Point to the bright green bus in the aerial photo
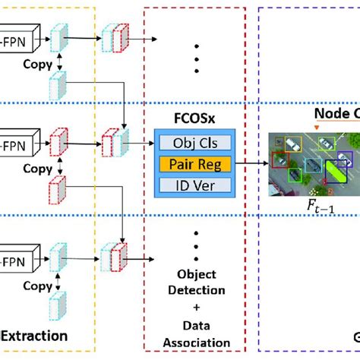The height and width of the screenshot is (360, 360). point(334,174)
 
